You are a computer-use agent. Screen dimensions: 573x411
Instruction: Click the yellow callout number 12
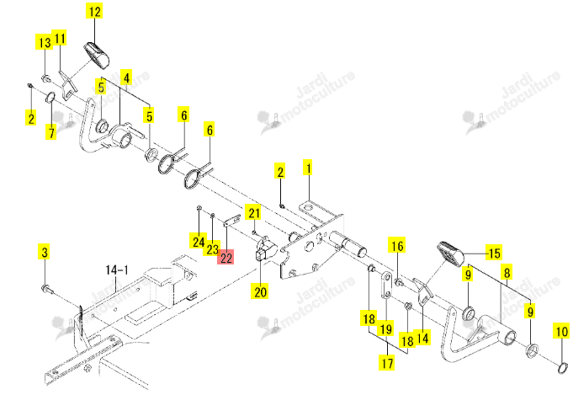(94, 11)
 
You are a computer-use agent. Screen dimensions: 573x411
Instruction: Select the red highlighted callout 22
(225, 258)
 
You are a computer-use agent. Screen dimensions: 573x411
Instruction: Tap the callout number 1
(309, 168)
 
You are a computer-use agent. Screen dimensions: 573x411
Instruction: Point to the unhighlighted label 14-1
(117, 270)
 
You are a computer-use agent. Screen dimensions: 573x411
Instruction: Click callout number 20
(260, 291)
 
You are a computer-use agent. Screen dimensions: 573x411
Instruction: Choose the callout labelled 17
(387, 363)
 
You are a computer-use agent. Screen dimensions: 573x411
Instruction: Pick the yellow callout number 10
(561, 331)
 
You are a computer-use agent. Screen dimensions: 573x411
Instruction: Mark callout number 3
(45, 252)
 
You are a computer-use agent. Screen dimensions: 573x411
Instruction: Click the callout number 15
(494, 253)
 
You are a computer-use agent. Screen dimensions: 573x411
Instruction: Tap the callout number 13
(44, 42)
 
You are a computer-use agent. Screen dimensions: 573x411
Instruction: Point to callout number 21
(254, 212)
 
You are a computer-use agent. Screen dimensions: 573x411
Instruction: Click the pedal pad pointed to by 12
(97, 55)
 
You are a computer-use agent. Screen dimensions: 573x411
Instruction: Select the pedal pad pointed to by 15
(450, 253)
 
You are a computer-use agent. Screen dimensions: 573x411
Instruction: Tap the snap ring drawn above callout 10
(563, 368)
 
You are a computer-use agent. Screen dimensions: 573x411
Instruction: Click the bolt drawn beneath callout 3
(47, 289)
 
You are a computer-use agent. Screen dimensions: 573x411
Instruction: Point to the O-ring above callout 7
(50, 98)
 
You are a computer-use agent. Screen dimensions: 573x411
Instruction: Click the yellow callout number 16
(397, 245)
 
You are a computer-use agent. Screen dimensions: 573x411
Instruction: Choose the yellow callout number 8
(507, 272)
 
